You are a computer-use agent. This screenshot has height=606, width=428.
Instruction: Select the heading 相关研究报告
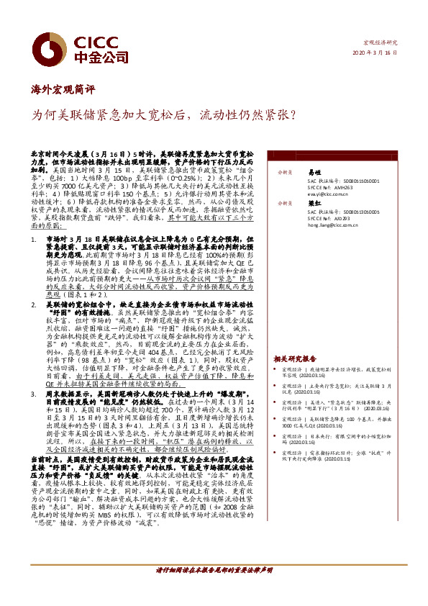pos(295,358)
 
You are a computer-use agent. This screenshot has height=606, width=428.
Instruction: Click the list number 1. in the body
pos(33,236)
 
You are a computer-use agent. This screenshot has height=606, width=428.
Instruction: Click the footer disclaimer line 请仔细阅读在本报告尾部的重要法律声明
pos(214,569)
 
